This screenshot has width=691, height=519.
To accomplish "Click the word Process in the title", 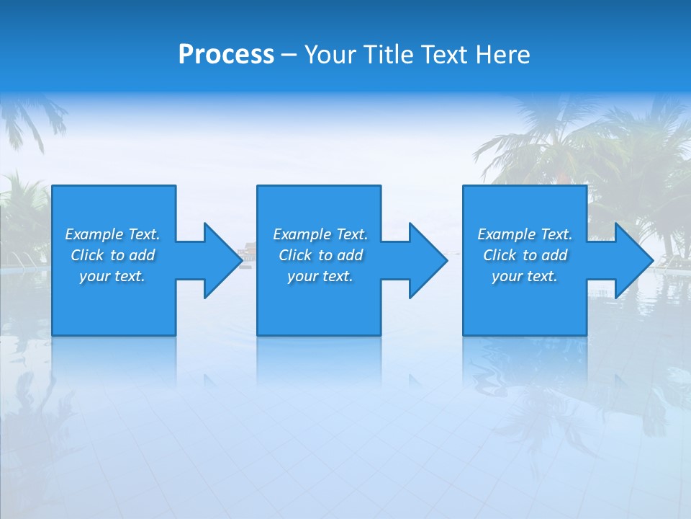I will [226, 55].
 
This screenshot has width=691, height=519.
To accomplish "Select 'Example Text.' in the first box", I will [112, 234].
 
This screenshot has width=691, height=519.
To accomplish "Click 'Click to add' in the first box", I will [112, 255].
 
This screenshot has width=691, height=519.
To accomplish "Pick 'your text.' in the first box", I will [112, 276].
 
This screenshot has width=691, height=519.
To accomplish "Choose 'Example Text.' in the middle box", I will [320, 234].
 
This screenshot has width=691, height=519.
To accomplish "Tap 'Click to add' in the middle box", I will [320, 255].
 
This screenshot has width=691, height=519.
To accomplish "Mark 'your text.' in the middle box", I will [320, 276].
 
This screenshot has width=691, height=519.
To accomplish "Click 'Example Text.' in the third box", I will [525, 234].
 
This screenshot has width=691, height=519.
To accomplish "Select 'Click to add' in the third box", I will [525, 255].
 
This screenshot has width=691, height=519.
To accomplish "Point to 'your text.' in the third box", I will [525, 276].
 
